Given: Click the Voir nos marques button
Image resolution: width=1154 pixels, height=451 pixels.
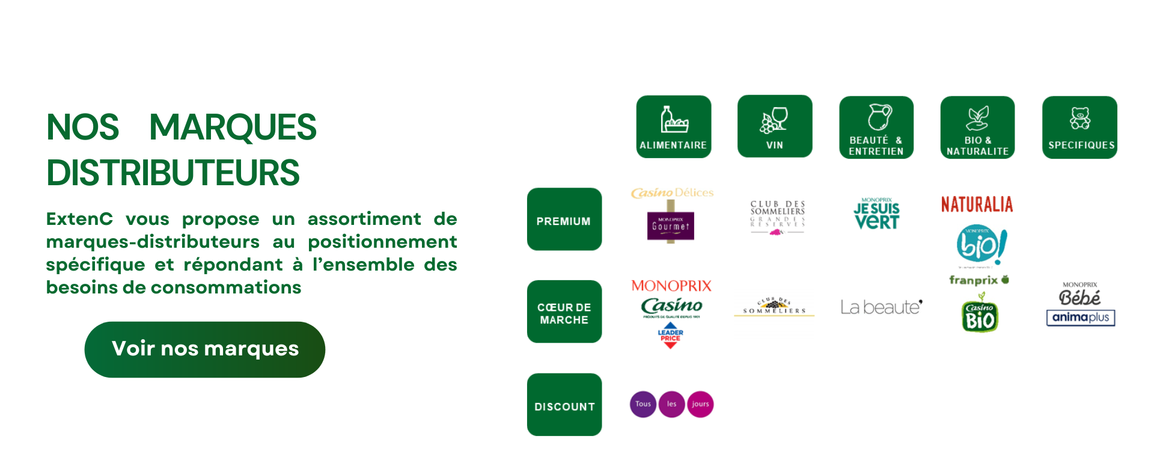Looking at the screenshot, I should click(204, 349).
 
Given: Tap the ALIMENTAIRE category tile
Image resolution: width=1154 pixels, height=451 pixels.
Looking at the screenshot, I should click(673, 127).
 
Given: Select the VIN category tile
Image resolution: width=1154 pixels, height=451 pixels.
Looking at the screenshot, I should click(774, 126).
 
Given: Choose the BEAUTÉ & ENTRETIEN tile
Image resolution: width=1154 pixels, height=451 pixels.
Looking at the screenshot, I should click(876, 127).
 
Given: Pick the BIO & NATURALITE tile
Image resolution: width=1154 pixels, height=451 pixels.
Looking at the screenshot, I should click(977, 127).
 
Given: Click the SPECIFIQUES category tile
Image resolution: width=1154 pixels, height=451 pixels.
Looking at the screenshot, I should click(1079, 127).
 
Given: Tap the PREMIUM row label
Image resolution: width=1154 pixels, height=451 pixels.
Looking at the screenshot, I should click(564, 219).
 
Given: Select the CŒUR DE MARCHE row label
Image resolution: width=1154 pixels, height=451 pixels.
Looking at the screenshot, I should click(564, 312).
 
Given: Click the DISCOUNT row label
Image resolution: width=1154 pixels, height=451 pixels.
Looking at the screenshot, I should click(564, 405).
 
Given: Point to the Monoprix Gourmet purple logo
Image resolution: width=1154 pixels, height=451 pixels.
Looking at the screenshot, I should click(671, 226).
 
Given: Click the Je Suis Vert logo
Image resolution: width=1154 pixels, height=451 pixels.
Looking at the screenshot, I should click(876, 214).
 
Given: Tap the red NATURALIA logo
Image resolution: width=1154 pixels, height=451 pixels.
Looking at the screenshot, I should click(977, 204).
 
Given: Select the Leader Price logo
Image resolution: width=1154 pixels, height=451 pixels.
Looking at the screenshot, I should click(670, 336).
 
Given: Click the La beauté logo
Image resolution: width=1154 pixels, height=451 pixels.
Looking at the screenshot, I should click(881, 307).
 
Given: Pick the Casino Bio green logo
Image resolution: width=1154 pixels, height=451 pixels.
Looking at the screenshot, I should click(980, 316).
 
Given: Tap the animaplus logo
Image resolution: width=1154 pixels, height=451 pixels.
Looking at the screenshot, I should click(1080, 318).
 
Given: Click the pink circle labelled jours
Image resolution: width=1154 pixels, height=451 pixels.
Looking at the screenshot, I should click(700, 404).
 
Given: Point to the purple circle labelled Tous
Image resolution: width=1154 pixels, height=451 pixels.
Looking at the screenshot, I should click(643, 404).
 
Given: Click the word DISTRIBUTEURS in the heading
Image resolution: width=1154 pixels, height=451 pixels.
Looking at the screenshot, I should click(173, 173).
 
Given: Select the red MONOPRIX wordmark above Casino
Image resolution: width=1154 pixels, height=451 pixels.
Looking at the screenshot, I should click(671, 286).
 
